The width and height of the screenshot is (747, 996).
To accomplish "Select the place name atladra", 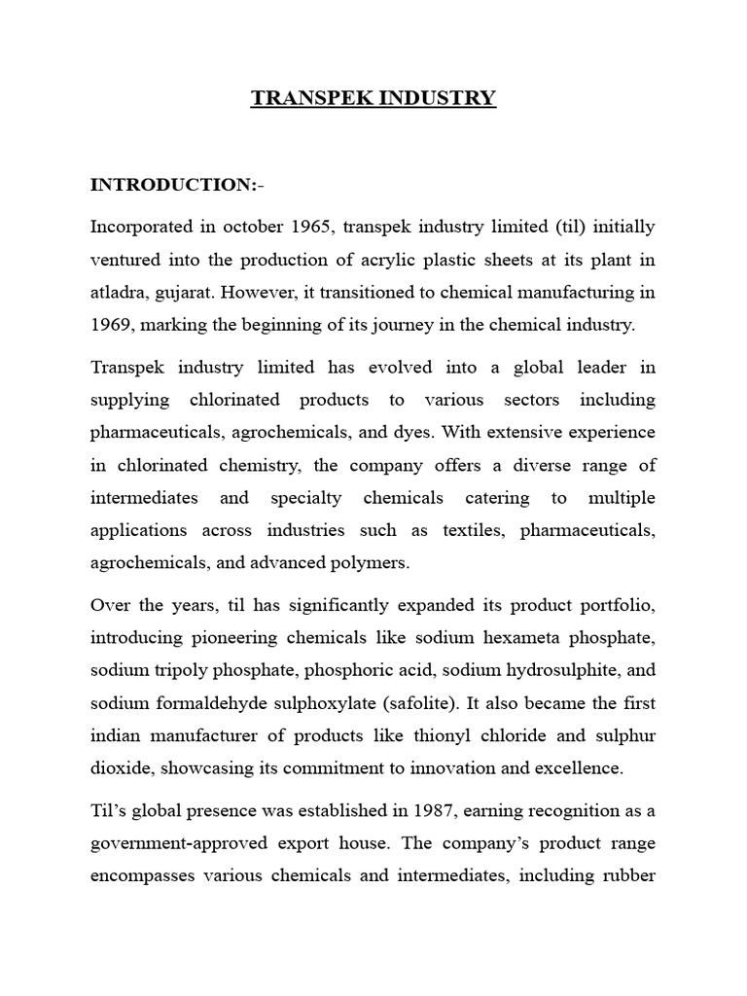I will click(119, 292).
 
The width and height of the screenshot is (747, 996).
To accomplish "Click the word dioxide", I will click(119, 768).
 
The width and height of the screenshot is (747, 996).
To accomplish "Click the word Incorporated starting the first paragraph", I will click(144, 227).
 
